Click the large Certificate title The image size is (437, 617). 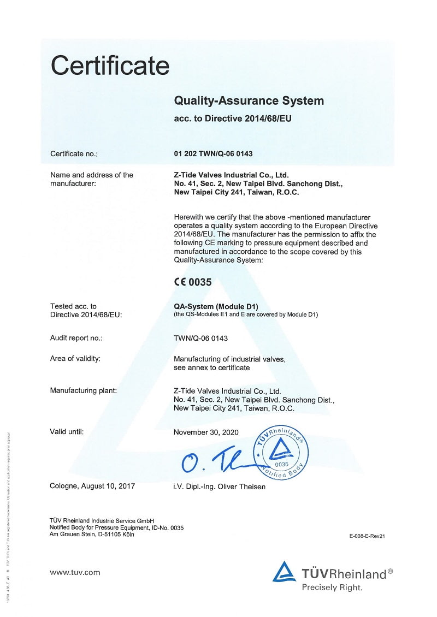(110, 66)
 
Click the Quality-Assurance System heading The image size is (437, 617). (249, 101)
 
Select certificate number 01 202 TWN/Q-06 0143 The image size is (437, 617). (213, 154)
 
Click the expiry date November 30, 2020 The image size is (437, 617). (206, 432)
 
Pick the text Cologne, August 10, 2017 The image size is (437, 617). (92, 486)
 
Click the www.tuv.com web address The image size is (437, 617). (75, 572)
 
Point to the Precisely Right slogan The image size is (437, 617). (332, 588)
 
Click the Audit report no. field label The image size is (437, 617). (76, 338)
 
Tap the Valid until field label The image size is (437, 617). (67, 432)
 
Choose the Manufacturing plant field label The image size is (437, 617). (83, 390)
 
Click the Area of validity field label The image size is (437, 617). (75, 359)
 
